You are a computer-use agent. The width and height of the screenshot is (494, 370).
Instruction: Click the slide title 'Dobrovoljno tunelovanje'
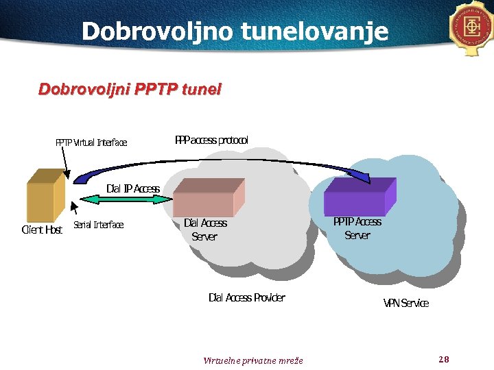point(235,31)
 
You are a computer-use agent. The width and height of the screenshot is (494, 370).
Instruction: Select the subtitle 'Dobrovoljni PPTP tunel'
point(130,90)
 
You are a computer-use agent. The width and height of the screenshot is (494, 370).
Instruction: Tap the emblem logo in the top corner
point(473,27)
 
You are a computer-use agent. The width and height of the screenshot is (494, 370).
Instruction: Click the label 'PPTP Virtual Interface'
point(91,143)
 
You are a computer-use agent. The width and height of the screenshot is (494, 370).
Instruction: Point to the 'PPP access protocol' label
point(212,140)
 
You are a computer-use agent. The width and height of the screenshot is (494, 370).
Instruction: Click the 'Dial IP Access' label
point(133,188)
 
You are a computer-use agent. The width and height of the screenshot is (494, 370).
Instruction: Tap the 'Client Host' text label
point(43,230)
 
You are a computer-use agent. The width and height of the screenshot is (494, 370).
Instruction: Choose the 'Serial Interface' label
point(99,225)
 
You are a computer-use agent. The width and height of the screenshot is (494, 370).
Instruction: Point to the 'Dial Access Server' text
point(204,230)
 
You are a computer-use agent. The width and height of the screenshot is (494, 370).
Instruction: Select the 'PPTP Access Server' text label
point(357,228)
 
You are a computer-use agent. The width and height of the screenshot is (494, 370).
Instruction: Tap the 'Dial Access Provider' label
point(246,297)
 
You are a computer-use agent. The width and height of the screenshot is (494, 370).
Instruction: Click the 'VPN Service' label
point(405,303)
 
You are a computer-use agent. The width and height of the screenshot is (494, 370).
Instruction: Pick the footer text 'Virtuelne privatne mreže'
point(252,360)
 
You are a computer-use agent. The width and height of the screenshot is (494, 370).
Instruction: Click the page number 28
point(443,359)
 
